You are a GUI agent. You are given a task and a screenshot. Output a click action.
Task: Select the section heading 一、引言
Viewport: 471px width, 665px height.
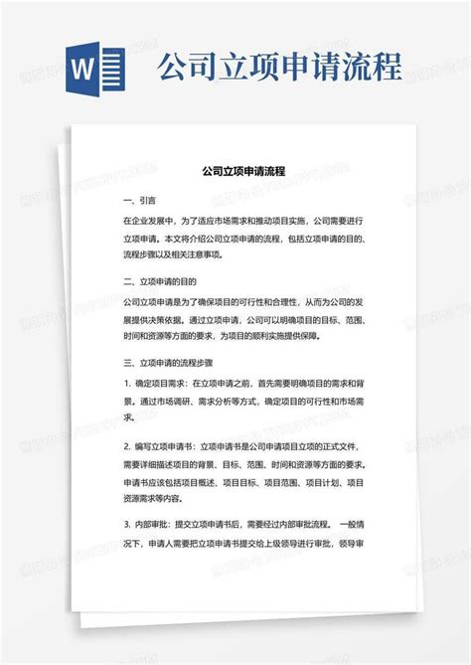click(139, 199)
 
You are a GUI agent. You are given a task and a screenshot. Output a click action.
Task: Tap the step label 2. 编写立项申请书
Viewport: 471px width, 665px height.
click(160, 447)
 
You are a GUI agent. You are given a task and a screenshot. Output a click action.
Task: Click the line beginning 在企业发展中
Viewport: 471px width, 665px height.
click(243, 221)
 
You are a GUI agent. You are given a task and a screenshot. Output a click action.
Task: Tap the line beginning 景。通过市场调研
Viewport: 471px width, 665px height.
click(243, 401)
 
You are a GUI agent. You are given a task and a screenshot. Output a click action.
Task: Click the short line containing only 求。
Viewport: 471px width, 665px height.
click(129, 418)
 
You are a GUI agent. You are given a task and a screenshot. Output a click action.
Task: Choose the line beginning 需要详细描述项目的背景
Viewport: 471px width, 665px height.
click(243, 464)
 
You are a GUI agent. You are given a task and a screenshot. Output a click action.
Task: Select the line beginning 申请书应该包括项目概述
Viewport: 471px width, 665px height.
click(243, 482)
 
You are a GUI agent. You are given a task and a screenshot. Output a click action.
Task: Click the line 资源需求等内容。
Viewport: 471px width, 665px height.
click(162, 500)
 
